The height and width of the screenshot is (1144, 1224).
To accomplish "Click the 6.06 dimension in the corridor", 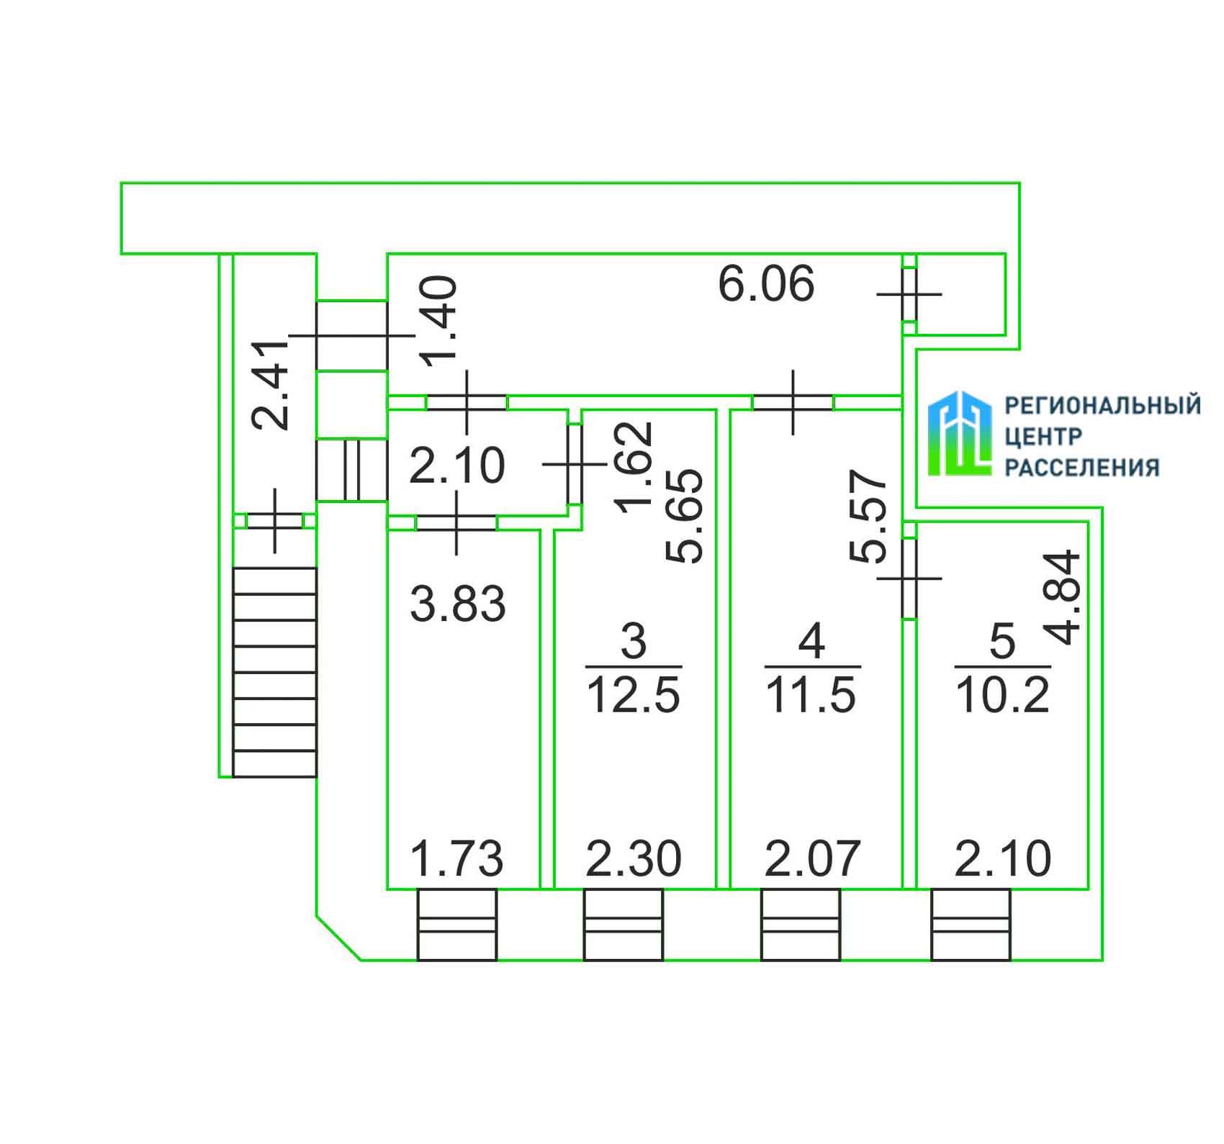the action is [x=767, y=283].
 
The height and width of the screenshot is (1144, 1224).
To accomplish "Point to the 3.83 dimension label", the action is [x=458, y=604].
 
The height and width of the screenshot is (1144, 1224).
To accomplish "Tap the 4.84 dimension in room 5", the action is [x=1063, y=596].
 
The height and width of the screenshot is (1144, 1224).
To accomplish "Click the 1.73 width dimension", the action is [x=456, y=859].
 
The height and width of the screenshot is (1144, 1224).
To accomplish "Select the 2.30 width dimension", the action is [x=634, y=859].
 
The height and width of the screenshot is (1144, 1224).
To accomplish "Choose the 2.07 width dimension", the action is [x=812, y=859].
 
